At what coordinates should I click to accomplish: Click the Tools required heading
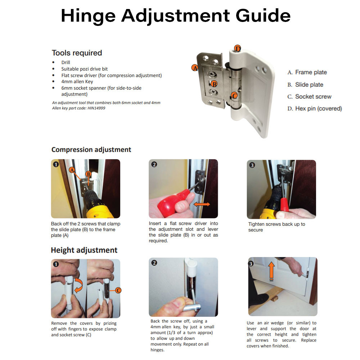click(77, 53)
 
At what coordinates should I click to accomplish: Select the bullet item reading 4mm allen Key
click(77, 82)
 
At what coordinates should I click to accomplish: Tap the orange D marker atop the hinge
click(237, 49)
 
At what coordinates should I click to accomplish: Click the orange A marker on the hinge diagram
click(195, 68)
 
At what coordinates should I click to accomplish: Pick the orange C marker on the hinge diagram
click(234, 95)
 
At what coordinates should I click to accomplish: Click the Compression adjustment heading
click(91, 150)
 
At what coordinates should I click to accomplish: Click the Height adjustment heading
click(84, 250)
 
